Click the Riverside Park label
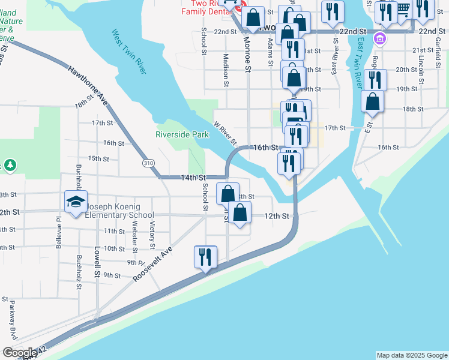pos(182,134)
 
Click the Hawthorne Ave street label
pos(88,85)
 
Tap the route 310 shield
pos(146,163)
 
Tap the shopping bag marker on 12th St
pos(240,212)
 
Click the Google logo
pos(20,353)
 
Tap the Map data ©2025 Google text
pos(412,355)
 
